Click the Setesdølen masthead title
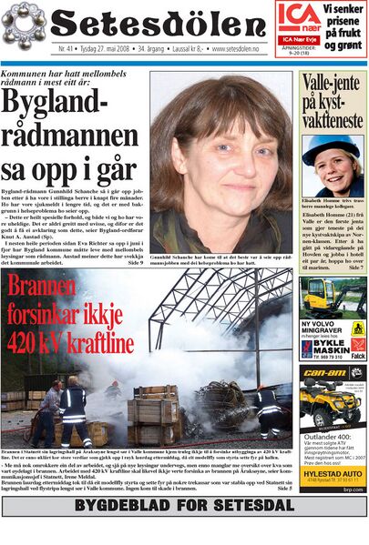(x=160, y=22)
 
